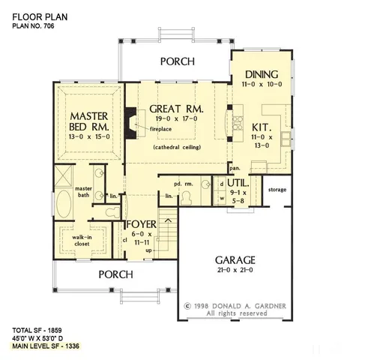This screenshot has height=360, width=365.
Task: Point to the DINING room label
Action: point(262,75)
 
